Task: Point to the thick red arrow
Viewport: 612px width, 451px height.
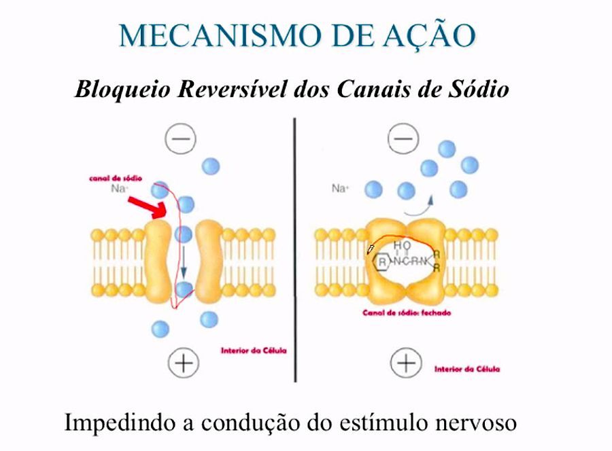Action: pyautogui.click(x=150, y=206)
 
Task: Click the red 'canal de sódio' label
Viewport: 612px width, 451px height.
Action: pyautogui.click(x=116, y=178)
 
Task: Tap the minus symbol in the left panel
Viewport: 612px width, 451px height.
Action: pyautogui.click(x=181, y=140)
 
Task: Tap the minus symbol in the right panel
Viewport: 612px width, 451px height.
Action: pyautogui.click(x=403, y=140)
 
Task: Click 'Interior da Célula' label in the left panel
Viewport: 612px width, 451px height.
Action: pyautogui.click(x=254, y=351)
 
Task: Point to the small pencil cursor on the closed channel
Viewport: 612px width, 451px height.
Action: pyautogui.click(x=371, y=249)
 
